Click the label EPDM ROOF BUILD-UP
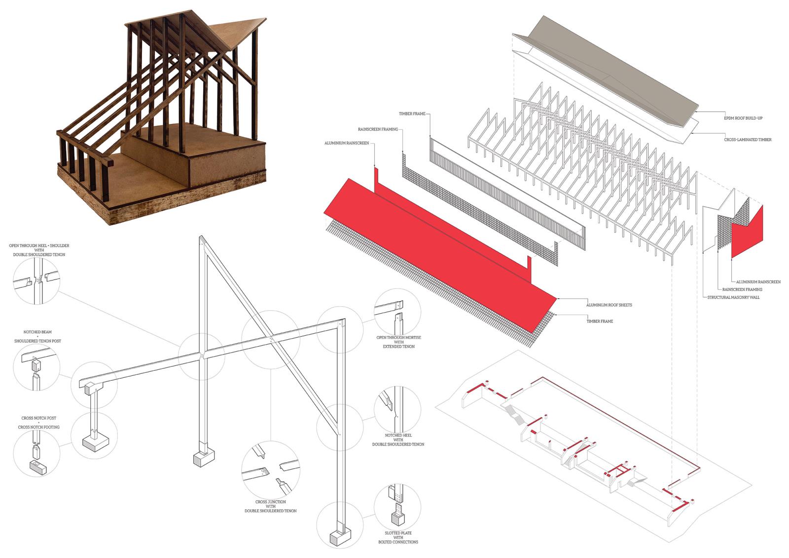click(740, 119)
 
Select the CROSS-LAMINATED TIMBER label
click(748, 140)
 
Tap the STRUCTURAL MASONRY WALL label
click(729, 297)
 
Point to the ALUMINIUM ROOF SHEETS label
click(609, 305)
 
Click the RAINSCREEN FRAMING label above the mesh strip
click(378, 129)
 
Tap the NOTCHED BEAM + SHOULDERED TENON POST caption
click(42, 336)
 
